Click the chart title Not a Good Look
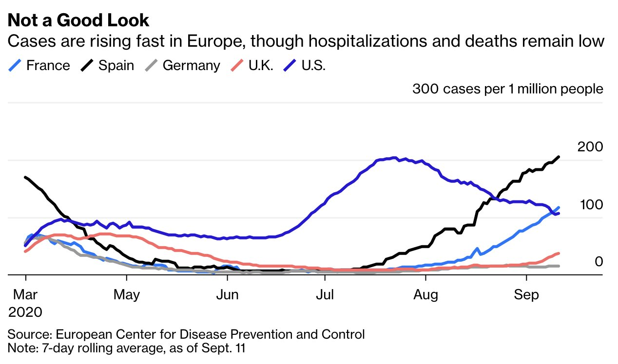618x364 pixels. [x=78, y=20]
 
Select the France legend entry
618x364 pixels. [x=48, y=66]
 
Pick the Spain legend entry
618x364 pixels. [x=116, y=66]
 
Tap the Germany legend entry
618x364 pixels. [x=191, y=66]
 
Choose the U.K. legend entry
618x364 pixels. [x=261, y=66]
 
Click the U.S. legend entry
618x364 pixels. [x=313, y=66]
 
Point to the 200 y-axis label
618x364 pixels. [x=590, y=146]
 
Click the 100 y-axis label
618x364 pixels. [x=591, y=205]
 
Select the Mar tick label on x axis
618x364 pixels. [x=25, y=295]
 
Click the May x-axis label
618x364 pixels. [x=126, y=295]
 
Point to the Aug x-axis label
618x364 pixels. [x=425, y=295]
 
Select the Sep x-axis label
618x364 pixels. [x=526, y=295]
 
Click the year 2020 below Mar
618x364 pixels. [x=25, y=311]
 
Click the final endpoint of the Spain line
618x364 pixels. [x=559, y=157]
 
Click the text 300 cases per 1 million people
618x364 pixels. [x=507, y=89]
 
